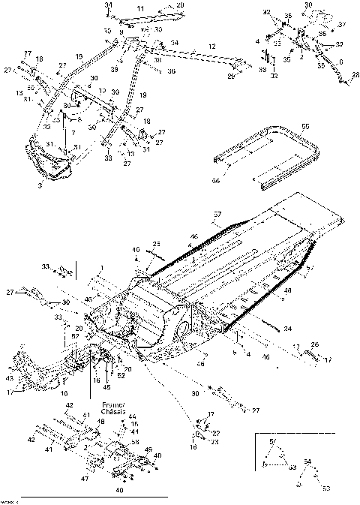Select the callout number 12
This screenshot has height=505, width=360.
click(212, 47)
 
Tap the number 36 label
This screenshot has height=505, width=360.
click(171, 71)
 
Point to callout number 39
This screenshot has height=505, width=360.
click(115, 68)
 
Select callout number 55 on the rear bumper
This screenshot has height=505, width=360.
click(305, 128)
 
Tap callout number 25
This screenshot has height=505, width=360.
click(157, 244)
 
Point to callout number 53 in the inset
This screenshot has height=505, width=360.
click(325, 488)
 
